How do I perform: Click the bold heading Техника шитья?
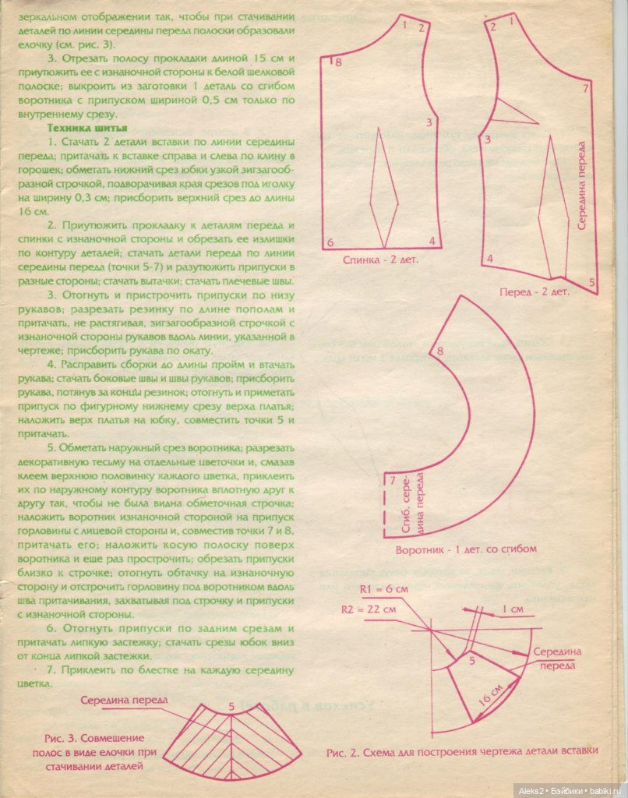[x=82, y=128]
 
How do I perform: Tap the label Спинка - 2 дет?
[x=380, y=261]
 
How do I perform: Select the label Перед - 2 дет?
[x=535, y=292]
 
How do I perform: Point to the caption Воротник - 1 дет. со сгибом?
[x=466, y=549]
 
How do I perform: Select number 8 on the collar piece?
[x=439, y=351]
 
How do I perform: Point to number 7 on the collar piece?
[x=393, y=480]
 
